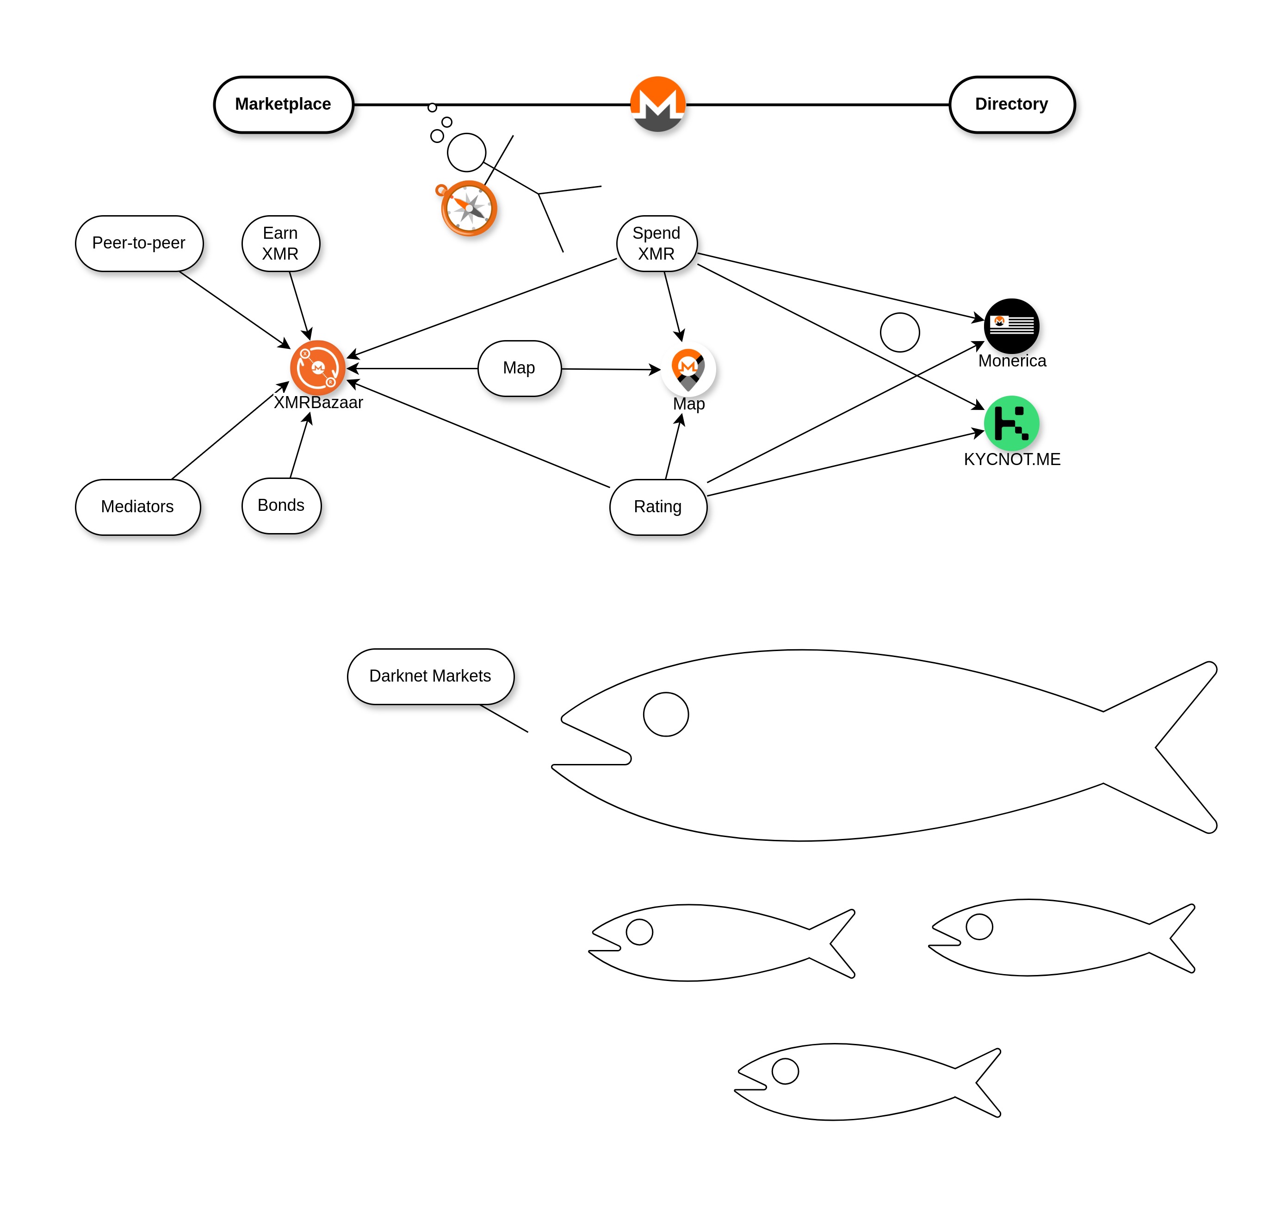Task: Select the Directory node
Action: pyautogui.click(x=1012, y=104)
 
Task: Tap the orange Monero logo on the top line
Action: pyautogui.click(x=658, y=104)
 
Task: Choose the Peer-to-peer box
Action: pyautogui.click(x=139, y=243)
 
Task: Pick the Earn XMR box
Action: pyautogui.click(x=280, y=243)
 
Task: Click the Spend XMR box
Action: pyautogui.click(x=656, y=243)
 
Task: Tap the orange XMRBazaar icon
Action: pyautogui.click(x=317, y=368)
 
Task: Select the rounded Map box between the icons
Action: pyautogui.click(x=519, y=368)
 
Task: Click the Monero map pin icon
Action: pyautogui.click(x=688, y=369)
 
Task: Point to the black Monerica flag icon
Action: pyautogui.click(x=1012, y=326)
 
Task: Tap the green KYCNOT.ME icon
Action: pyautogui.click(x=1012, y=423)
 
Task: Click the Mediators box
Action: pyautogui.click(x=137, y=507)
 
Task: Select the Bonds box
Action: pyautogui.click(x=281, y=506)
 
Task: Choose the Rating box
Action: pyautogui.click(x=658, y=507)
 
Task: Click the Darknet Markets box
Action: pyautogui.click(x=430, y=677)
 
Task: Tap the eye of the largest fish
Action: pyautogui.click(x=665, y=714)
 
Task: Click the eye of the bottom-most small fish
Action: pyautogui.click(x=785, y=1071)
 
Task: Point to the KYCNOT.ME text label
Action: pyautogui.click(x=1012, y=459)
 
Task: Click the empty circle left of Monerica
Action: pyautogui.click(x=899, y=333)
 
